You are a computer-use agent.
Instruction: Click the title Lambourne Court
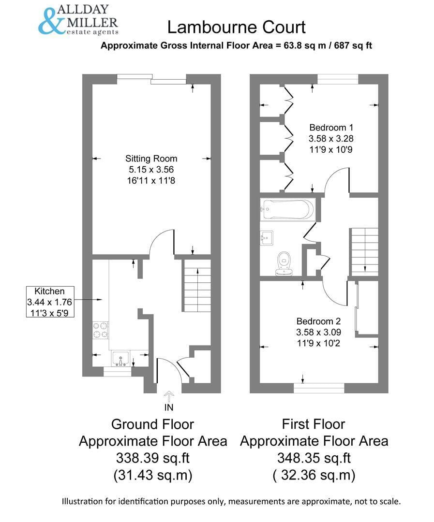tap(236, 27)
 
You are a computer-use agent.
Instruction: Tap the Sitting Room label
tap(151, 159)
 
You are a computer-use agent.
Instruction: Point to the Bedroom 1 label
tap(331, 128)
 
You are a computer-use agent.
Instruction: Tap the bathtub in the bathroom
tap(287, 209)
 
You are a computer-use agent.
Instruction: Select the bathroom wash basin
tap(266, 237)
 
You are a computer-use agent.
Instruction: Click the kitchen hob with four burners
tap(101, 330)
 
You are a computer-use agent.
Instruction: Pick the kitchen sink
tap(120, 358)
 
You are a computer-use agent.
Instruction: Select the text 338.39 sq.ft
tap(152, 458)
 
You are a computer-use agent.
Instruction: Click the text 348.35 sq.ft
tap(314, 458)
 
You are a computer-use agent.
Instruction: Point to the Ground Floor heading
tap(152, 424)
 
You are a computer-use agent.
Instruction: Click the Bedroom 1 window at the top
tap(338, 79)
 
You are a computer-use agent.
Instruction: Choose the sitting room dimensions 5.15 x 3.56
tap(151, 170)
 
